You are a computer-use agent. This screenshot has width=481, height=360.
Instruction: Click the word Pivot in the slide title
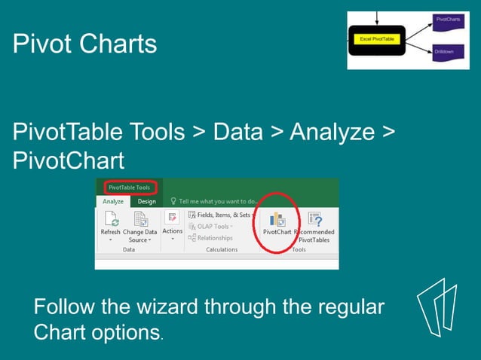coord(41,44)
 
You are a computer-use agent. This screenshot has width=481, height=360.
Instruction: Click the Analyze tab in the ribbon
coord(113,201)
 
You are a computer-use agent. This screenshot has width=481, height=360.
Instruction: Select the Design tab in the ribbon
coord(147,201)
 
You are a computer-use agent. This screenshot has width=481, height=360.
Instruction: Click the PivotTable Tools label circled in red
coord(129,188)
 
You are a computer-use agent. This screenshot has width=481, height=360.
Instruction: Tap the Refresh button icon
coord(110,219)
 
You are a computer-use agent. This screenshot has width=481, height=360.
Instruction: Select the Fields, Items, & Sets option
coord(219,215)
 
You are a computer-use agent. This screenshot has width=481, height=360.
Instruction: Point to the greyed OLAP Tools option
coord(213,226)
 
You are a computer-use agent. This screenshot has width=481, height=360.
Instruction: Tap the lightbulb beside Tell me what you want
coord(173,201)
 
